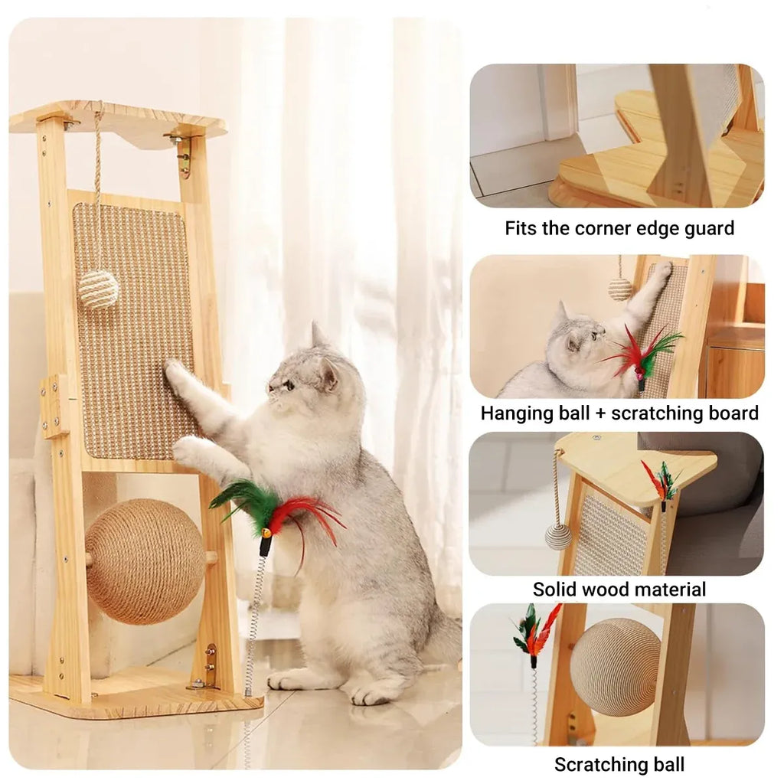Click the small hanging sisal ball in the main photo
98,289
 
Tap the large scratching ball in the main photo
145,561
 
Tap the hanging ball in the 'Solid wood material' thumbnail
558,537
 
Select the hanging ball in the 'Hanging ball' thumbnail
620,289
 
